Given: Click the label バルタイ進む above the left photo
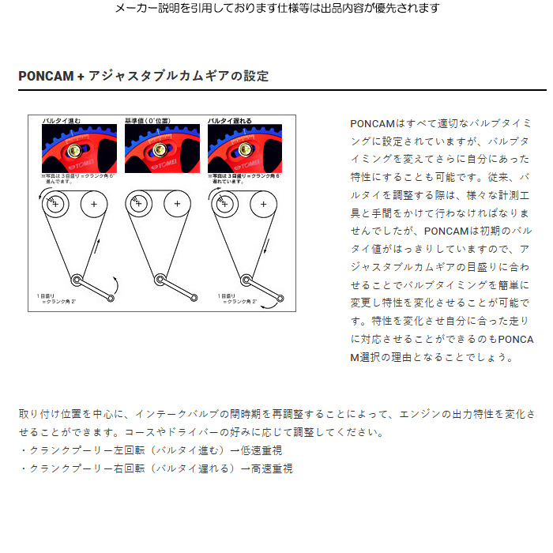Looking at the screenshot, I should (x=62, y=121).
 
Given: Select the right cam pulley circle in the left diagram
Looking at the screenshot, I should (x=94, y=205).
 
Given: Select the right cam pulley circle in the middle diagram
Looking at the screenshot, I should (x=177, y=205).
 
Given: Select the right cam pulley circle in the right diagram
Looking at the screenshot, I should (x=260, y=205).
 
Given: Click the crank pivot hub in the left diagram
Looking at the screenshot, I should (x=76, y=277).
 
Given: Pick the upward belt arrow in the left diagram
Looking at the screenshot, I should (x=99, y=245).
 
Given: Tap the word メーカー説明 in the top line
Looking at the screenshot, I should (x=146, y=8).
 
